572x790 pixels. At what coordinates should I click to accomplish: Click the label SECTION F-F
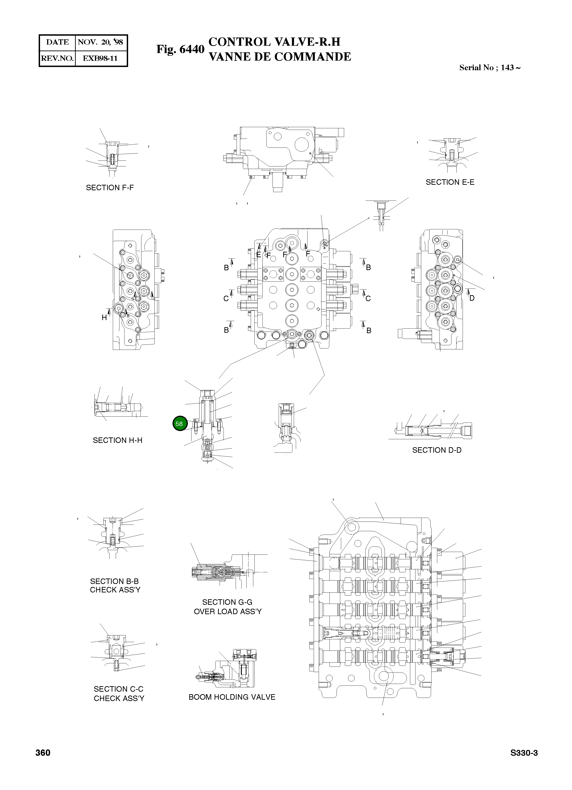[110, 188]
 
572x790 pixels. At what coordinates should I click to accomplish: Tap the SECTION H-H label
[117, 440]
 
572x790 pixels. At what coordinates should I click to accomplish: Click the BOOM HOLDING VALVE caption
[232, 697]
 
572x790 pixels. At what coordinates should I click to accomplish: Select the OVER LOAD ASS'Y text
[228, 611]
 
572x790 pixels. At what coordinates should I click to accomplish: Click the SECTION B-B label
[114, 581]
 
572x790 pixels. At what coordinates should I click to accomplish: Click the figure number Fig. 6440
[180, 49]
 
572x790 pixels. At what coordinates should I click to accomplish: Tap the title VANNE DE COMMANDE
[280, 57]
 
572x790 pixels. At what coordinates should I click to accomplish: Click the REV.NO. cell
[57, 58]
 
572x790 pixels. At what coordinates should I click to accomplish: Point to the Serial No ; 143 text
[489, 68]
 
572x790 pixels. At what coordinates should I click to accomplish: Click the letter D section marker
[472, 298]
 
